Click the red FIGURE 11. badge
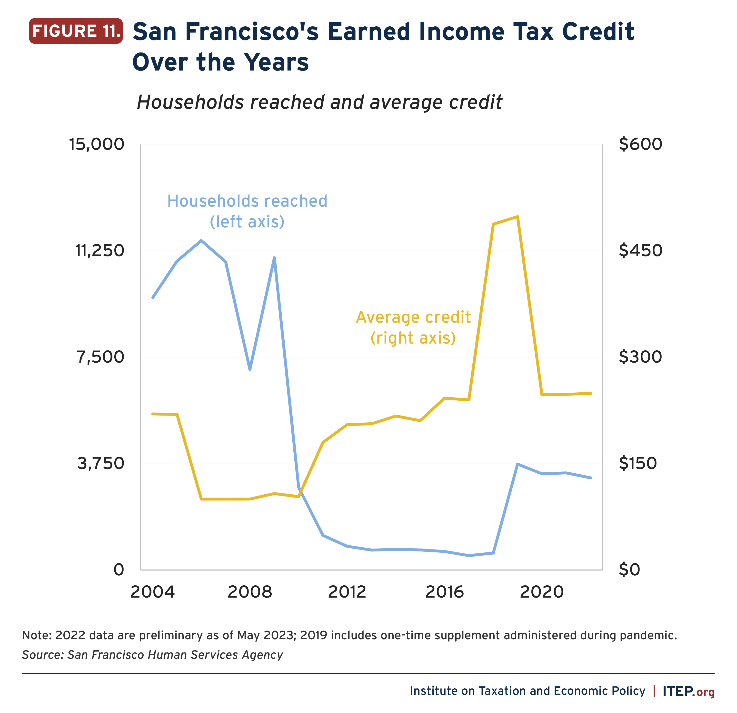point(76,31)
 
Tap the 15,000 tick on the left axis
point(97,144)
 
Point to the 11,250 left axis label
point(100,251)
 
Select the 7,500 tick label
point(100,357)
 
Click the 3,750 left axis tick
point(100,463)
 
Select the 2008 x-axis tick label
point(250,592)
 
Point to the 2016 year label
point(444,592)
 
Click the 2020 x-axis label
point(541,592)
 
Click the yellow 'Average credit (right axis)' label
point(413,327)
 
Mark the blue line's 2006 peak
point(201,240)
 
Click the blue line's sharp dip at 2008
point(250,369)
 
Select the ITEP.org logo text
point(688,691)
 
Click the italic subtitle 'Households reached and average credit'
point(319,102)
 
